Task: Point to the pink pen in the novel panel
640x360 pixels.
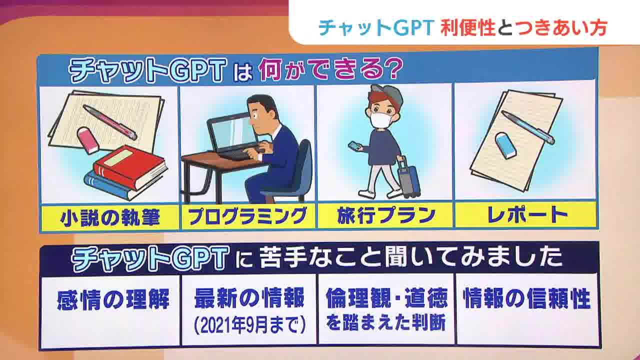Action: (x=109, y=121)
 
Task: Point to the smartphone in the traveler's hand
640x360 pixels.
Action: (x=355, y=146)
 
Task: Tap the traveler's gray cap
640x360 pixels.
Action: (x=387, y=94)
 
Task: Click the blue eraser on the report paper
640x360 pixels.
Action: (x=506, y=145)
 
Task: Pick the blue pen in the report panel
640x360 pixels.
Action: (x=527, y=127)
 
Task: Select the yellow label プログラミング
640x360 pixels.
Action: (x=247, y=216)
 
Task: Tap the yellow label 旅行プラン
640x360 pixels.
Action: (x=384, y=216)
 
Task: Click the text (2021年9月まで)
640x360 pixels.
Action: (x=249, y=325)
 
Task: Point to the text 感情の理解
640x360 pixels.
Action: (x=113, y=300)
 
